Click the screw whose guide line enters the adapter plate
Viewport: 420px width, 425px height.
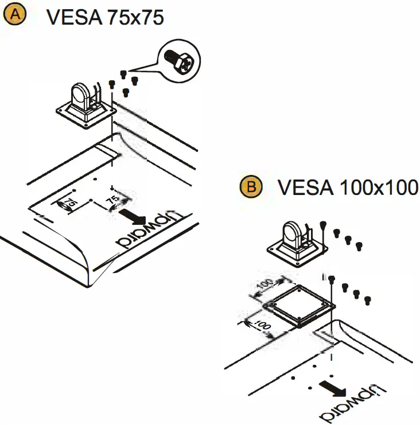pos(332,278)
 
